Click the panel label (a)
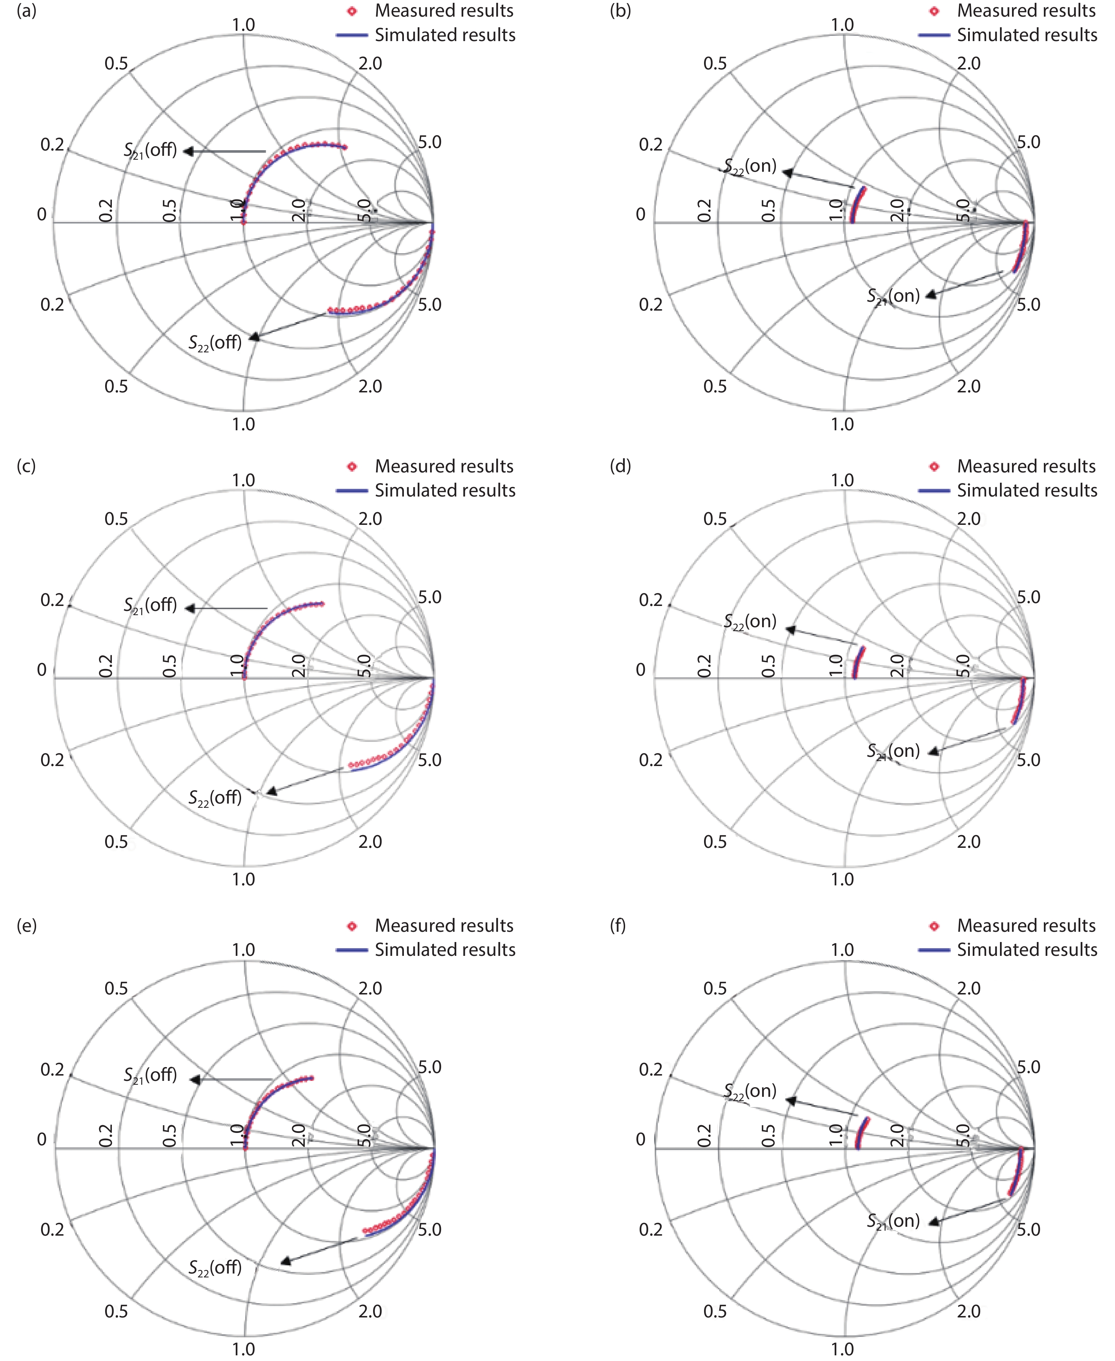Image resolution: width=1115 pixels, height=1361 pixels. [x=26, y=11]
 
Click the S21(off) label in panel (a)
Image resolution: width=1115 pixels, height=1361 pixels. [x=150, y=151]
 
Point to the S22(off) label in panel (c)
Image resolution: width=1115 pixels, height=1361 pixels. [x=215, y=798]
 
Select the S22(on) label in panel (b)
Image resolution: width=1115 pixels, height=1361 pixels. [x=750, y=166]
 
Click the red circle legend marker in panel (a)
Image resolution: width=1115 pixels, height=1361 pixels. [x=351, y=11]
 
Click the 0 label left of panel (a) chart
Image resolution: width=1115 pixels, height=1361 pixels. [x=42, y=214]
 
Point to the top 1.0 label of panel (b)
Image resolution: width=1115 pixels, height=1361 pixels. [x=842, y=25]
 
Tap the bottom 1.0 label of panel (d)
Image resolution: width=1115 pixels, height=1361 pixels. [x=842, y=879]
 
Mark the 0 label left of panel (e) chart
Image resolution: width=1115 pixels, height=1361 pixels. [x=42, y=1139]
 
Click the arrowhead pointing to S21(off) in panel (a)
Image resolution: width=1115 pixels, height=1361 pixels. [x=188, y=151]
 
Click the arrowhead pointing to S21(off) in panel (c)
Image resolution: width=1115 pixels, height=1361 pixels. [x=189, y=607]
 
